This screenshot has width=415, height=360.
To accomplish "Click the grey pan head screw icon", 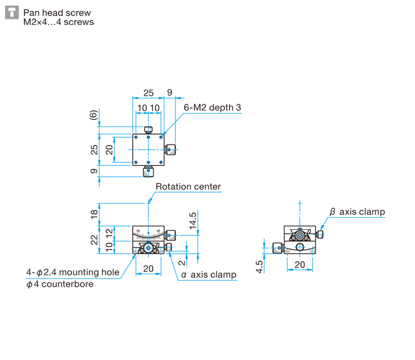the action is pos(12,12).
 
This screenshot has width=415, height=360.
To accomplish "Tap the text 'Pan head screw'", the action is pos(57,13).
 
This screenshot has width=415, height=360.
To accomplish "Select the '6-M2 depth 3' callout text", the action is pos(212,107).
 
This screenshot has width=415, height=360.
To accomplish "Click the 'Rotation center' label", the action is pos(188,187).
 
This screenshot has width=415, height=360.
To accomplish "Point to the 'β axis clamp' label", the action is pos(357,212).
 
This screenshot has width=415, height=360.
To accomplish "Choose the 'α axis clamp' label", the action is pos(209,275).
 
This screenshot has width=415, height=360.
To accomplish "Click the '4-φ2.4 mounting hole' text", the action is pos(73,272).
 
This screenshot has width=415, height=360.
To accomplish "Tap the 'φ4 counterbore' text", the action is pos(60,284).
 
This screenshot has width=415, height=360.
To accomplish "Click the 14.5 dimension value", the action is pos(193,220).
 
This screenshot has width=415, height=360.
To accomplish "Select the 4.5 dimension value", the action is pos(260,267).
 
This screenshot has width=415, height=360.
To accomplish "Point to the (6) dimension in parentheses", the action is pos(94,115).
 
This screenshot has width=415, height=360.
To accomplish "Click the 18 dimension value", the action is pos(94,214).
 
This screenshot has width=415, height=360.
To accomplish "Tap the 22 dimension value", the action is pos(94,240).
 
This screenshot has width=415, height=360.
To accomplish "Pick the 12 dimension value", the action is pos(109,233).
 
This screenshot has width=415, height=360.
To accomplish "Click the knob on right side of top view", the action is pos(170,150).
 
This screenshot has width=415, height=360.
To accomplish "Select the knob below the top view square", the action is pos(148,171).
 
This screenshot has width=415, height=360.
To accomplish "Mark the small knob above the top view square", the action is pos(148,130).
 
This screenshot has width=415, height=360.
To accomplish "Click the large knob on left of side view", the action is pos(278,248).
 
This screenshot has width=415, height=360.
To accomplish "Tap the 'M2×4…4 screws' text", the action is pos(59,22).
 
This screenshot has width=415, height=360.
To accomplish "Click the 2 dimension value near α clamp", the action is pos(181,263).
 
